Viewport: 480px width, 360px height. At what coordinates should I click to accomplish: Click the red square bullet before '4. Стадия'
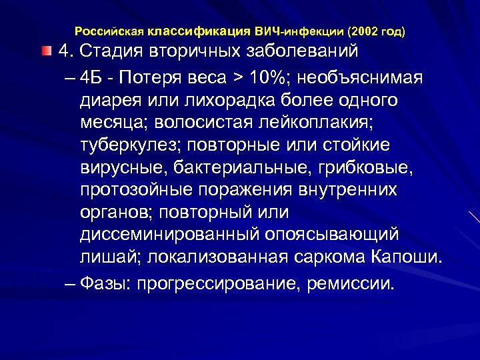[45, 51]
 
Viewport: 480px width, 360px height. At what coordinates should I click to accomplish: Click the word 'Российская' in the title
[109, 31]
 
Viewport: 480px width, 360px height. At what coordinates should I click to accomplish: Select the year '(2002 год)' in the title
[376, 31]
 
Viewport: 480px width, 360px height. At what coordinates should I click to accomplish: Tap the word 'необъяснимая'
[363, 77]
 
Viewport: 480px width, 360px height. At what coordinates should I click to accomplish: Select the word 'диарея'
[110, 100]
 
